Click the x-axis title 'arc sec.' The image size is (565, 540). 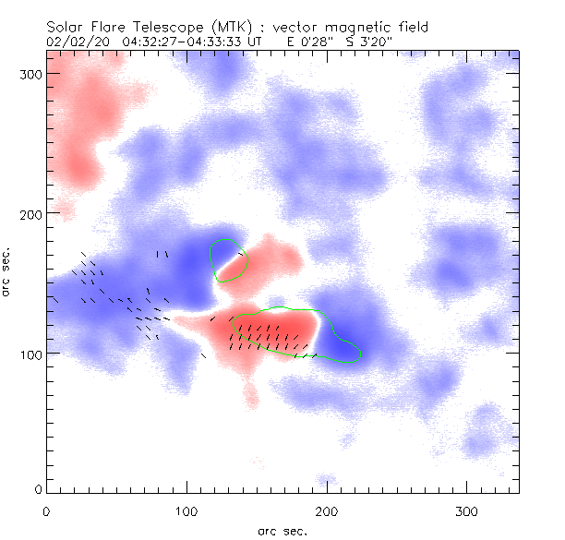click(282, 531)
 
